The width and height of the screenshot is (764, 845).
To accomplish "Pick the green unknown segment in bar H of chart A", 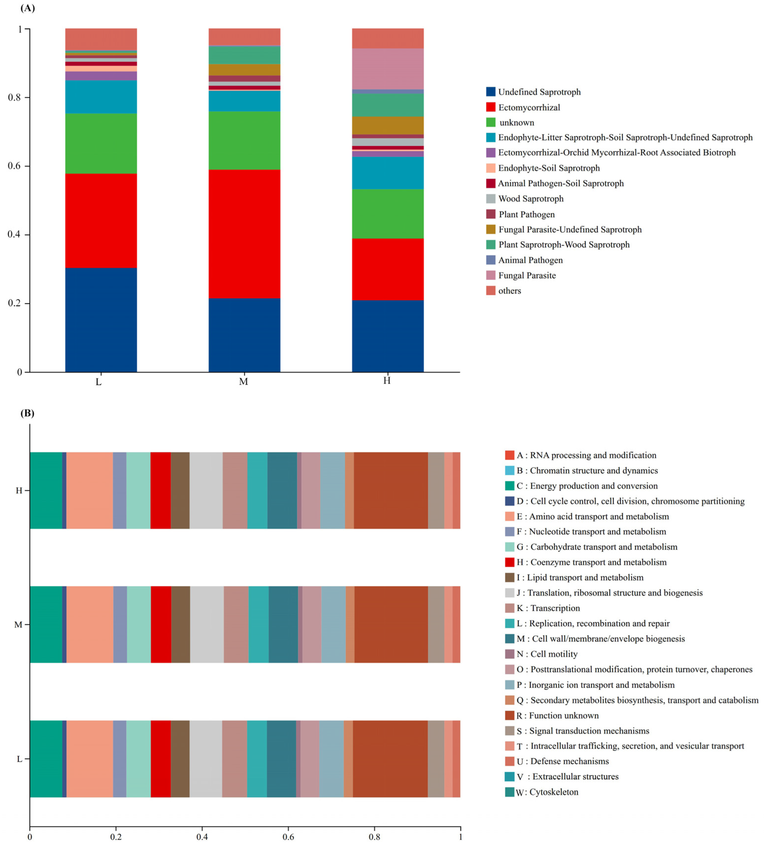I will [x=388, y=214].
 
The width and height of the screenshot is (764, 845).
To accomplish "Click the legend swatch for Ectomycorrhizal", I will [x=490, y=107].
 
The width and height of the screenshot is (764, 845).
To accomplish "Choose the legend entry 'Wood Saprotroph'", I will [x=530, y=199].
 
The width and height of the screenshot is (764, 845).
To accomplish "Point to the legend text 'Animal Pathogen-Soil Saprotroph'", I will [x=560, y=183].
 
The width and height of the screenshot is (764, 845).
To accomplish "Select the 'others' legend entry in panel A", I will [x=509, y=291].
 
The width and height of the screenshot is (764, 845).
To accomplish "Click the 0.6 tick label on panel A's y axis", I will [x=15, y=166].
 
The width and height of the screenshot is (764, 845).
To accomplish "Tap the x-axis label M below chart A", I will [x=243, y=382].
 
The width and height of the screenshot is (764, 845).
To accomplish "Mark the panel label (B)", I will [x=27, y=413].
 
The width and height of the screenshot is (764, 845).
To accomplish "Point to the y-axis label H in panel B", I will [x=19, y=491].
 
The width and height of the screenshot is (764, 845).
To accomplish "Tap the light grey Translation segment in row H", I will [x=206, y=491].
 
